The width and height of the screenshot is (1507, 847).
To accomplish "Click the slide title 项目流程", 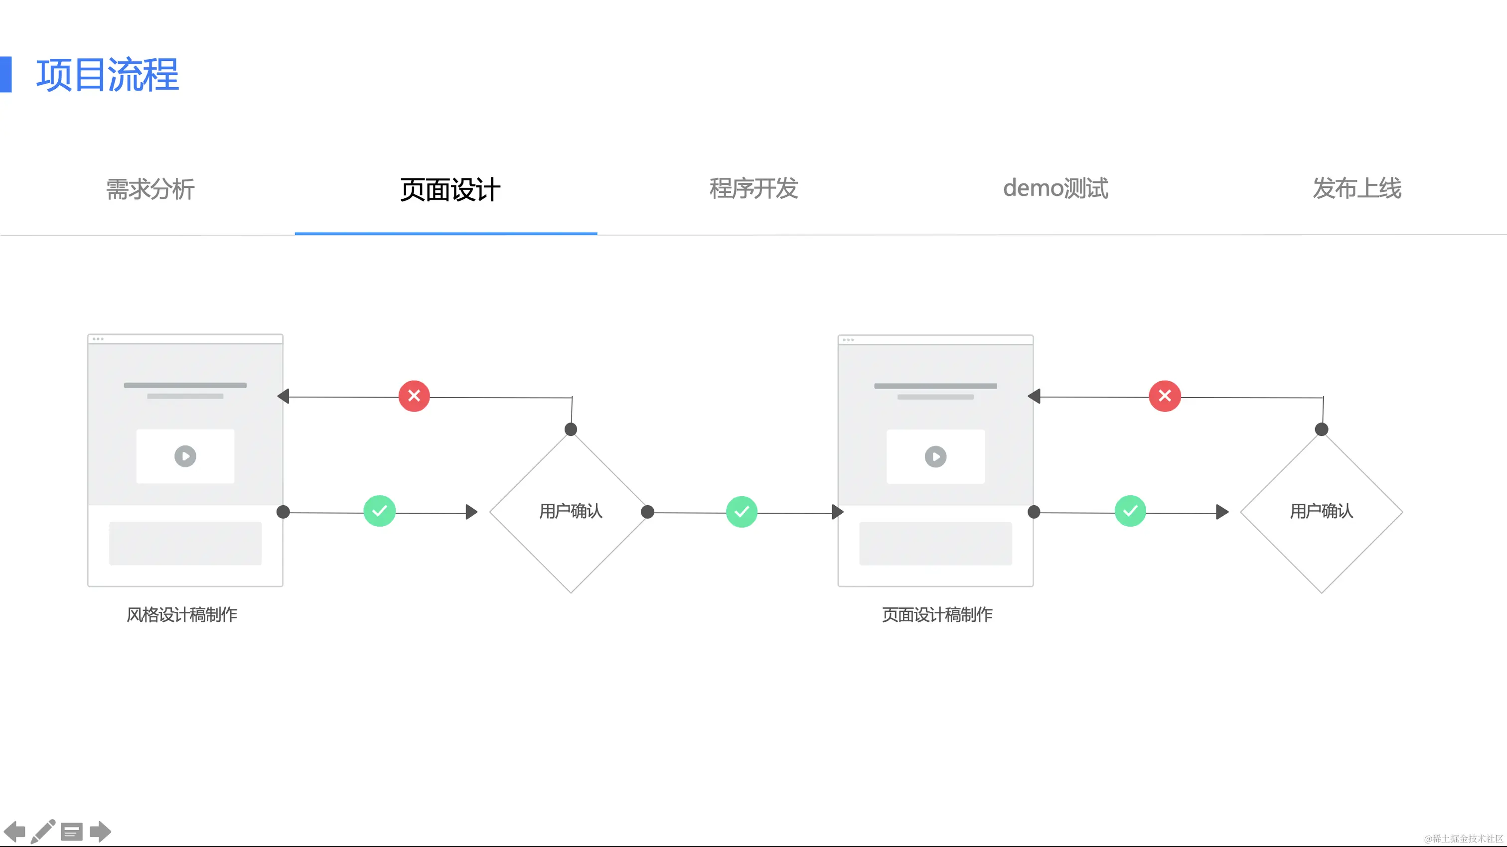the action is (x=108, y=75).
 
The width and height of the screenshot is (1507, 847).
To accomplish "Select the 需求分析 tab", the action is (x=151, y=189).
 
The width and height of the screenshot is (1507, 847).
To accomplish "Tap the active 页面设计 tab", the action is (x=450, y=189).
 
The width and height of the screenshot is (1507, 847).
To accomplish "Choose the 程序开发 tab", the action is (x=753, y=188).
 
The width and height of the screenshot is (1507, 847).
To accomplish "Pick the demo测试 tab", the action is (x=1055, y=188).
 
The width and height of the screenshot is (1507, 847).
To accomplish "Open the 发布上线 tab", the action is (x=1356, y=188).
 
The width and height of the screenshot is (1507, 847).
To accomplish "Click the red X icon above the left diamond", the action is (x=414, y=396).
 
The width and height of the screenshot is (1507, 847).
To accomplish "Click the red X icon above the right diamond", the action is (x=1165, y=396).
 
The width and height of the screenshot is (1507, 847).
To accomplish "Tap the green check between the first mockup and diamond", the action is (x=380, y=511).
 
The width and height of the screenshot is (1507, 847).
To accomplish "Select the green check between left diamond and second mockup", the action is (x=742, y=512).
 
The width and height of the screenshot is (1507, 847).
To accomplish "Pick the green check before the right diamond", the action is (x=1130, y=511).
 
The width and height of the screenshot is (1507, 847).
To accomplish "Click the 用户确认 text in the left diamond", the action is (x=571, y=511).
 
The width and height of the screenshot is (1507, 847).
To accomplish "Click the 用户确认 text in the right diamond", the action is (x=1322, y=511).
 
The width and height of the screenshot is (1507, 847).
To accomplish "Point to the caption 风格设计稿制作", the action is (x=182, y=615).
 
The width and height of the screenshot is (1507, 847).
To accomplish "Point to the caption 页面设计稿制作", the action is (x=937, y=615).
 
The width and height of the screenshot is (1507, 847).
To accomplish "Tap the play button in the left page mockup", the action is (x=185, y=456).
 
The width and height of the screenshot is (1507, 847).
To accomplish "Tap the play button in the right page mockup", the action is (x=935, y=457).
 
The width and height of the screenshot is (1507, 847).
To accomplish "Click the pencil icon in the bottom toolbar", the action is (x=43, y=831).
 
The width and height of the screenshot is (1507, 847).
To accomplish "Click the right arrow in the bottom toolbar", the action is (x=100, y=831).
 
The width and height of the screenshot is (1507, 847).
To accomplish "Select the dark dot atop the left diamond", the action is (x=571, y=429).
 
